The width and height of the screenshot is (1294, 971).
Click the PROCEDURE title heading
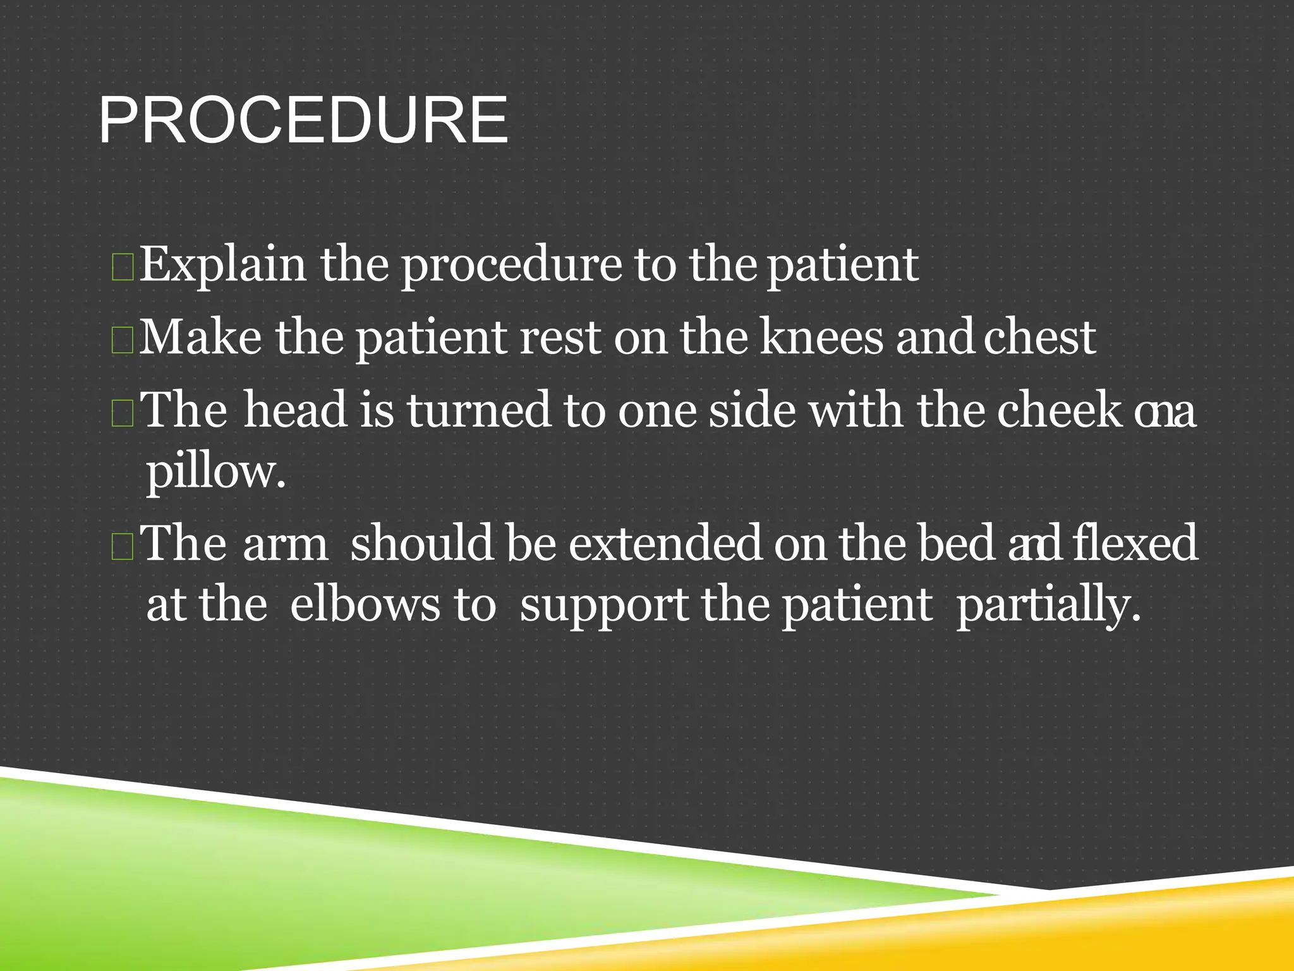303,121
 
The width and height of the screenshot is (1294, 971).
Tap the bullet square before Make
122,339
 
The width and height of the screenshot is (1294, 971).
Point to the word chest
1039,338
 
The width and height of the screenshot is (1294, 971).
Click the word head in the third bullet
295,410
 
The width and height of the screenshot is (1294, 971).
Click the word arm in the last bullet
285,544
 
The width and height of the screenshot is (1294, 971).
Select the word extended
665,544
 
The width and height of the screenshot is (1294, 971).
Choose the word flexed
1134,544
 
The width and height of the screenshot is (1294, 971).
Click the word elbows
364,605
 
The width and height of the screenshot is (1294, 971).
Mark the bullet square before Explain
122,267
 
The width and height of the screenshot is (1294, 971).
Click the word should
421,544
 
